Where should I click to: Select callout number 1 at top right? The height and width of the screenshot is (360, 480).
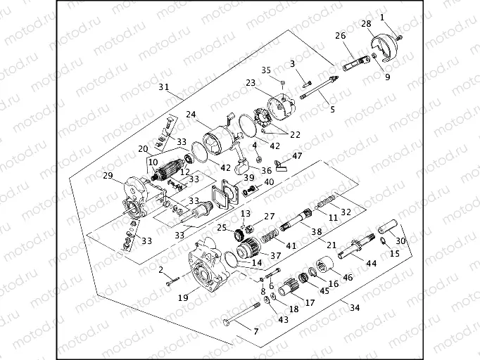tap(382, 17)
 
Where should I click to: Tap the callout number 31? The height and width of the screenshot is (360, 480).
tap(163, 87)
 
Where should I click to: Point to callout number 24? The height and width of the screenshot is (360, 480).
tap(191, 115)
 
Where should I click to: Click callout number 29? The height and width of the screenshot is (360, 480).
tap(108, 175)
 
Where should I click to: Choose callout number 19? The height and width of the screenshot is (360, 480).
tap(182, 297)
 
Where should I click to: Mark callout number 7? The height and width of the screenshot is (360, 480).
tap(255, 330)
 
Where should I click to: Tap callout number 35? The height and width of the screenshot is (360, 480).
tap(266, 70)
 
